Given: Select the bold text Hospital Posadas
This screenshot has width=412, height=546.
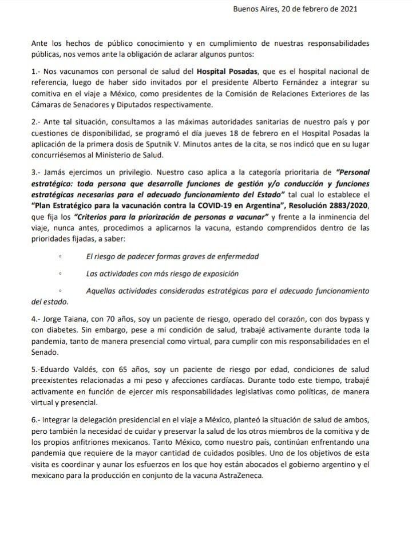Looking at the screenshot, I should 226,72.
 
